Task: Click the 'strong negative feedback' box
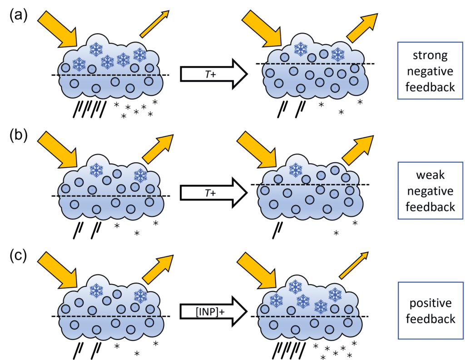click(430, 71)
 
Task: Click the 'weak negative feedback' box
click(430, 191)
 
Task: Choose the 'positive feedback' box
click(430, 310)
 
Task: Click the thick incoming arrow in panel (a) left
click(59, 29)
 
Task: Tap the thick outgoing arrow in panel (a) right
click(362, 28)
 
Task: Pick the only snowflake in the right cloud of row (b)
click(296, 170)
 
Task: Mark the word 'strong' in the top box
click(430, 55)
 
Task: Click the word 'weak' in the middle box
click(430, 175)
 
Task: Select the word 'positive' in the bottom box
click(430, 303)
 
